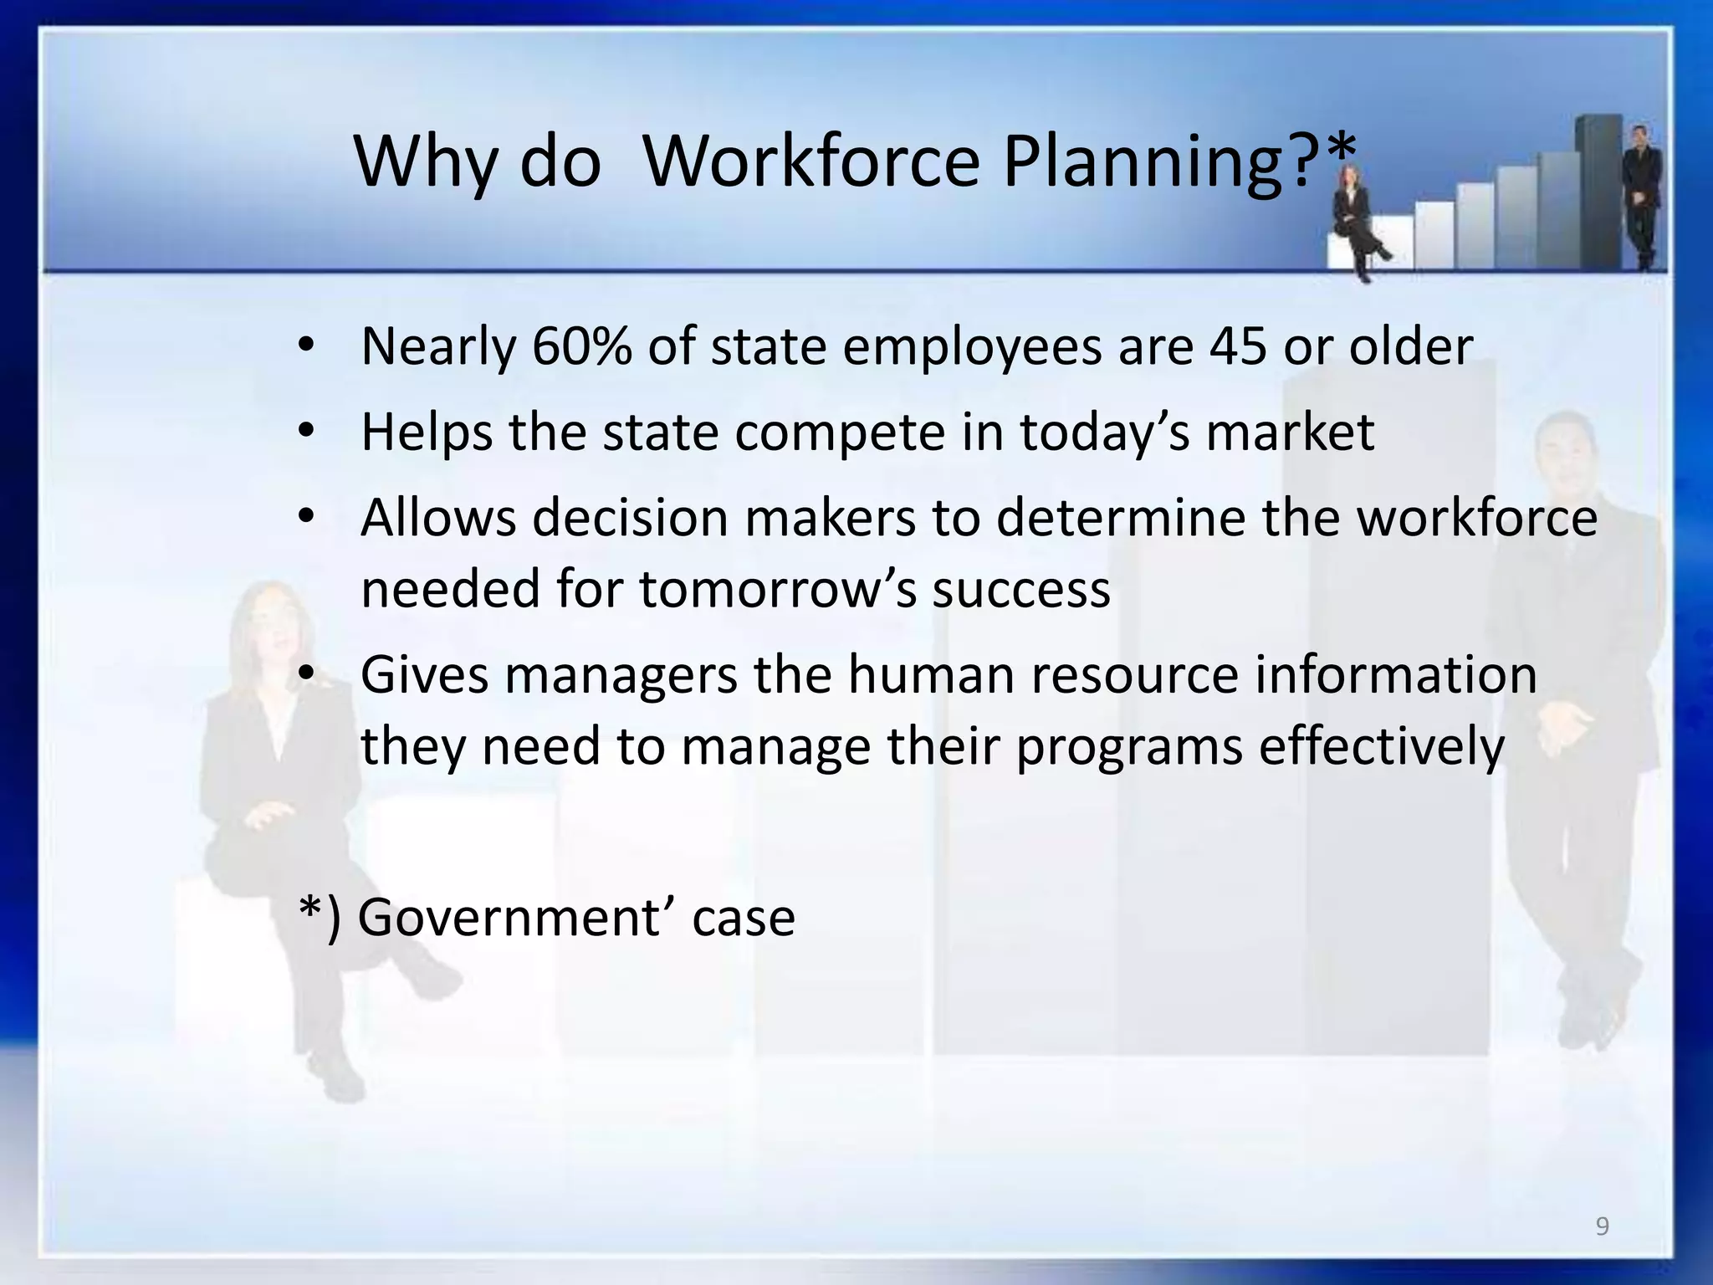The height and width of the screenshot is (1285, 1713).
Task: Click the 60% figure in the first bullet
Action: tap(581, 346)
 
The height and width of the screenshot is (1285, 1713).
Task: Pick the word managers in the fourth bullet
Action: tap(621, 675)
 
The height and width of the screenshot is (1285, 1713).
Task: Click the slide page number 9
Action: tap(1602, 1226)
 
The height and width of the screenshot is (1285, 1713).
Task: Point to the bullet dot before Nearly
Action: tap(306, 346)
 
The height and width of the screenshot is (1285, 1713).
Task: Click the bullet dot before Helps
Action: tap(306, 432)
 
